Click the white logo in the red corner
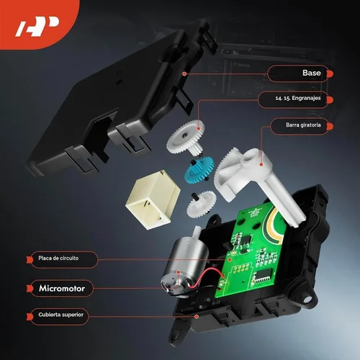[37, 26]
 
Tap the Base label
[312, 73]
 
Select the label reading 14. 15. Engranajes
[298, 98]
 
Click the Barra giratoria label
[303, 125]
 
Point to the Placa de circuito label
[58, 258]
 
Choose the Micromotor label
[62, 288]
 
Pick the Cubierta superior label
[60, 315]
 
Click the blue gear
[199, 168]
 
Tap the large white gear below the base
[186, 137]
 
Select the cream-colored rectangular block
[153, 200]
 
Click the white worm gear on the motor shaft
[198, 232]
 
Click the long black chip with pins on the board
[264, 275]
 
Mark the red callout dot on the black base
[184, 73]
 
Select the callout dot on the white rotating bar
[261, 164]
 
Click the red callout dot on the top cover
[197, 317]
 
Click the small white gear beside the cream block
[201, 204]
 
